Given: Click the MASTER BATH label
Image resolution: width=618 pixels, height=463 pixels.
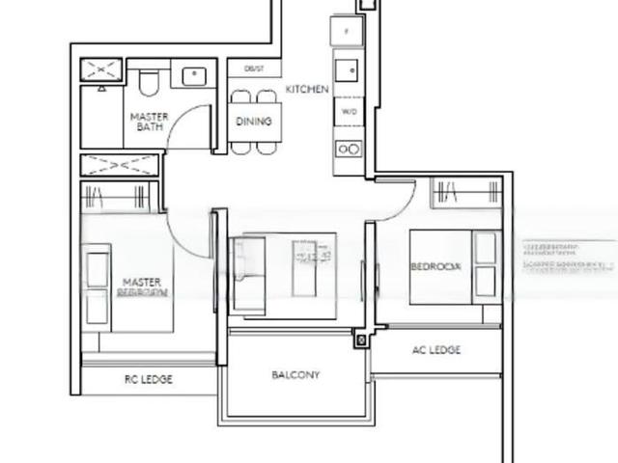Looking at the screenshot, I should coord(150,122).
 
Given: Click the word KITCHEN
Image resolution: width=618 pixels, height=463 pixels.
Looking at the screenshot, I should coord(307,89).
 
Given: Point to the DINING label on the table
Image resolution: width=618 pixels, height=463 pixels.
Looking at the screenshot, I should coord(254,122).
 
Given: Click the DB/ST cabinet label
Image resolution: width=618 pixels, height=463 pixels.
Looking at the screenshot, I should coord(254,69).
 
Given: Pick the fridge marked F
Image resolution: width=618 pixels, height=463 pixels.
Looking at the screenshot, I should coord(346,30).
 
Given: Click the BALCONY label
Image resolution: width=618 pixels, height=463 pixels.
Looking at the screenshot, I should coord(295,374).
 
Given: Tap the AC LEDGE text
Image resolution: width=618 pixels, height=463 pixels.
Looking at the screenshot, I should coord(435,350).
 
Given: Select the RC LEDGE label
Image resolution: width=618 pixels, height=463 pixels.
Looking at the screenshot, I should coord(149,380).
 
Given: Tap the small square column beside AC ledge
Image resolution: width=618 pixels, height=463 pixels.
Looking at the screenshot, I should coord(362,340).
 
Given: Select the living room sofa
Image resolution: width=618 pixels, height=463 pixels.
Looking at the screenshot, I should coord(247,275).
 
